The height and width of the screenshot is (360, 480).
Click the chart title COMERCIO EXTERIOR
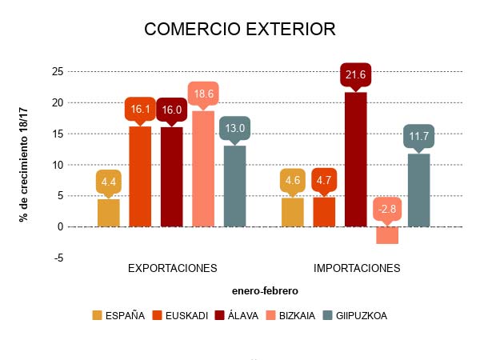point(239,30)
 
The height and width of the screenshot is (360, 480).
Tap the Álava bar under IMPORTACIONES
point(355,159)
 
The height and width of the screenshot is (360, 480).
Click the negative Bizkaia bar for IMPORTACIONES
point(387,235)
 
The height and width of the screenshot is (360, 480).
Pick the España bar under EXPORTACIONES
point(109,213)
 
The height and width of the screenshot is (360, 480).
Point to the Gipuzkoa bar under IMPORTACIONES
point(418,190)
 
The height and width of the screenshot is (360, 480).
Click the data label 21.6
point(355,74)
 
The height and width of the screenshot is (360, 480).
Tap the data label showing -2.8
point(387,210)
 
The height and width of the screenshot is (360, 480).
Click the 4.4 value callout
point(109,182)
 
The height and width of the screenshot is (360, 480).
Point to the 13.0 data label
point(235,128)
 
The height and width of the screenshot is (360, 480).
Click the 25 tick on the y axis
point(57,71)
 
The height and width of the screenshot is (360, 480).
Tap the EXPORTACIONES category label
point(172,268)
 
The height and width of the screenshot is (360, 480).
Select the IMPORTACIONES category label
point(356,268)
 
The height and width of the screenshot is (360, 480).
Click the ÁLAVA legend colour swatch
point(220,315)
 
